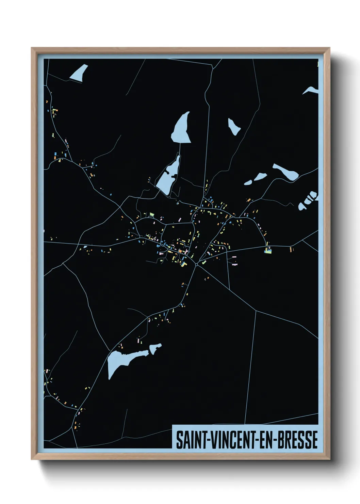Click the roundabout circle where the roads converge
coord(197,264)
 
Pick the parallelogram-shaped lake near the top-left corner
coord(79,73)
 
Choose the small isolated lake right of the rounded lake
coord(234,126)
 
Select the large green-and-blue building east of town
coord(268,251)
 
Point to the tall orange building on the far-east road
coord(291,249)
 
